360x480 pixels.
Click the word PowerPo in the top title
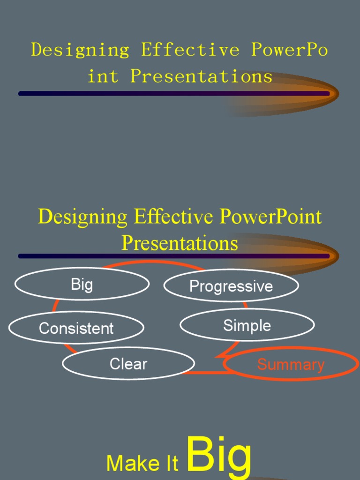289,50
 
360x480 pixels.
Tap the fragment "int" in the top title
103,76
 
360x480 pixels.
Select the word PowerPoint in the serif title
270,217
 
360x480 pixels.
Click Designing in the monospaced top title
80,50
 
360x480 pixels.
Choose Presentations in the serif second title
180,243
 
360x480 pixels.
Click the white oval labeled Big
82,284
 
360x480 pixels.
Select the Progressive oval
231,286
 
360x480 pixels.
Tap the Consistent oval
76,328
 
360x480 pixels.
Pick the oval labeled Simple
247,325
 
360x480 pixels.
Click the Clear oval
128,364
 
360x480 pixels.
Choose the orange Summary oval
291,364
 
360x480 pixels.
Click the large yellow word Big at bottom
219,456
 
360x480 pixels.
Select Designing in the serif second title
82,217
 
